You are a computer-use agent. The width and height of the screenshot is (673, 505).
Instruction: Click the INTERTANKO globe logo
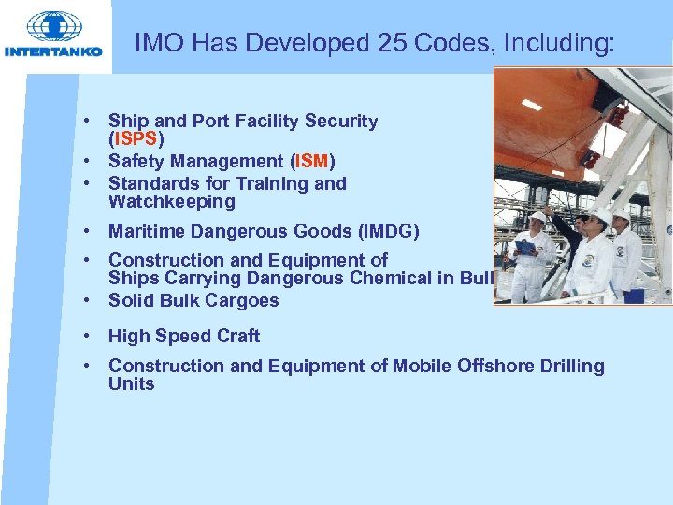point(55,27)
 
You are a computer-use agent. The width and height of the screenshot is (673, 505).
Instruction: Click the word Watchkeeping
point(172,201)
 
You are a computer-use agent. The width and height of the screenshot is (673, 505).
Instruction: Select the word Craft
point(236,336)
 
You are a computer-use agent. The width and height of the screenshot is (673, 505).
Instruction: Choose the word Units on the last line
point(131,383)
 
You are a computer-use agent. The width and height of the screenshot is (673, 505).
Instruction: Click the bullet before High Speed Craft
point(85,336)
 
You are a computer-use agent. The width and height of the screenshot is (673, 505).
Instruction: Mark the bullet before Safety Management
point(85,161)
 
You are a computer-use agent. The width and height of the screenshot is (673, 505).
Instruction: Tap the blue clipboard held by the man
point(525,248)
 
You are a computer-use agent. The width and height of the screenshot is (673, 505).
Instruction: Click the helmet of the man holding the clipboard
point(537,217)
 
